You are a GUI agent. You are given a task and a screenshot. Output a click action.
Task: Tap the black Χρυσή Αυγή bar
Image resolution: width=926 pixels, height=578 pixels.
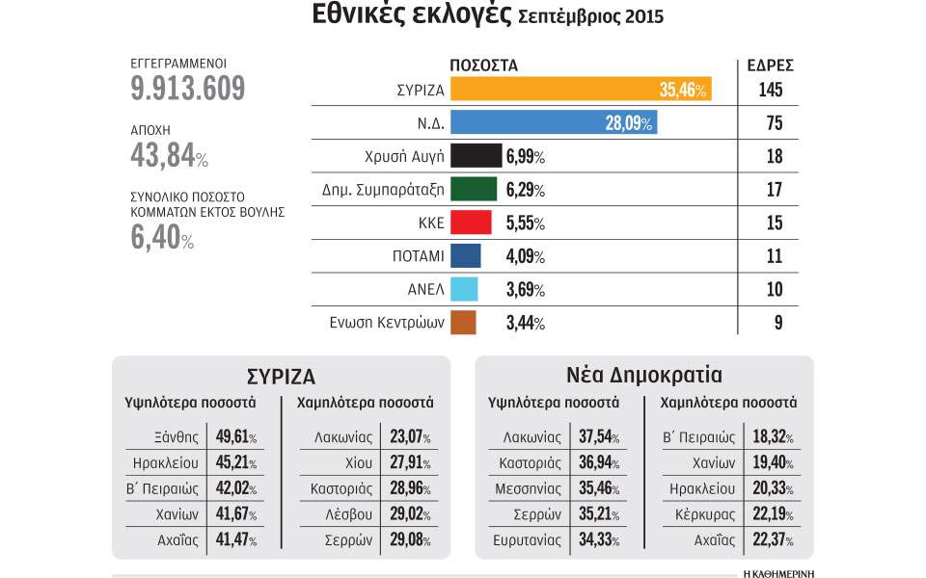point(476,156)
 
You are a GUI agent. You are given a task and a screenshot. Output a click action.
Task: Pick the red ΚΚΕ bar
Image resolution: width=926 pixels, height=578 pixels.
point(472,223)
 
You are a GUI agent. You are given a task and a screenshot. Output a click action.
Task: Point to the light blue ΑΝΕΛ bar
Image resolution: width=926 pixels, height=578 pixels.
point(464,289)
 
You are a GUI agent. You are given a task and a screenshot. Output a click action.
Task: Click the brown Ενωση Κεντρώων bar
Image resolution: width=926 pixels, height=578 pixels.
point(463,323)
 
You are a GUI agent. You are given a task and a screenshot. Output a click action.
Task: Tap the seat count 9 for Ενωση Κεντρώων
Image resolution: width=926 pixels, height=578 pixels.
point(777,323)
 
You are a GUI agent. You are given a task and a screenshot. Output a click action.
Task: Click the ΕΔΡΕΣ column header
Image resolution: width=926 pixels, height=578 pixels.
point(771,66)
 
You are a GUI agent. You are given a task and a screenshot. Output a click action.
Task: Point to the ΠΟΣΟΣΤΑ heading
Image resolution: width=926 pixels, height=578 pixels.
point(484,66)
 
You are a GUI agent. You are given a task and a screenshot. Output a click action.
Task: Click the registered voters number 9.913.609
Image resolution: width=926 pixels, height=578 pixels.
point(188,89)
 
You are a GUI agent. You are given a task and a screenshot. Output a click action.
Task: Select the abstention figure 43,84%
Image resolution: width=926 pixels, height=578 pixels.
point(169,154)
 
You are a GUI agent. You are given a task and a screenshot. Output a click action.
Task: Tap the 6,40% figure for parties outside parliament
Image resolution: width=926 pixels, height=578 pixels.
point(162,237)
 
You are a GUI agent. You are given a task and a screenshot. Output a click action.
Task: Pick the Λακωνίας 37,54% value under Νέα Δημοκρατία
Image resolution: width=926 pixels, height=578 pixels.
point(597,437)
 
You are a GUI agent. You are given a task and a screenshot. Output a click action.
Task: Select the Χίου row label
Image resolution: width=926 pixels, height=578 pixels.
point(353,462)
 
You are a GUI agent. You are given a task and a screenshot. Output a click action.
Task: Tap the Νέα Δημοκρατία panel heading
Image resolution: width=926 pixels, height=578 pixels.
point(644,375)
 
